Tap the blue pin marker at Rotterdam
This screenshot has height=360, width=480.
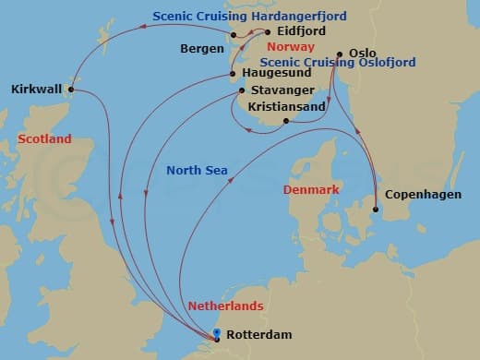pyautogui.click(x=216, y=334)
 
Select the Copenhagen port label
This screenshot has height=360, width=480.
pyautogui.click(x=422, y=194)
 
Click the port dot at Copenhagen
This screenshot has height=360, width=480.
pyautogui.click(x=376, y=210)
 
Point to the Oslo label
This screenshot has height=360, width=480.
pyautogui.click(x=365, y=53)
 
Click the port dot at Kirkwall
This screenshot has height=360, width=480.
pyautogui.click(x=72, y=90)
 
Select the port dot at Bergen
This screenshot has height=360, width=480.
pyautogui.click(x=234, y=36)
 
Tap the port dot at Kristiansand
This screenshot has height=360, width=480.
pyautogui.click(x=286, y=121)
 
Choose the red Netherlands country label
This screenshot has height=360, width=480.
pyautogui.click(x=225, y=306)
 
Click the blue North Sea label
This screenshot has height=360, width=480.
pyautogui.click(x=197, y=170)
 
